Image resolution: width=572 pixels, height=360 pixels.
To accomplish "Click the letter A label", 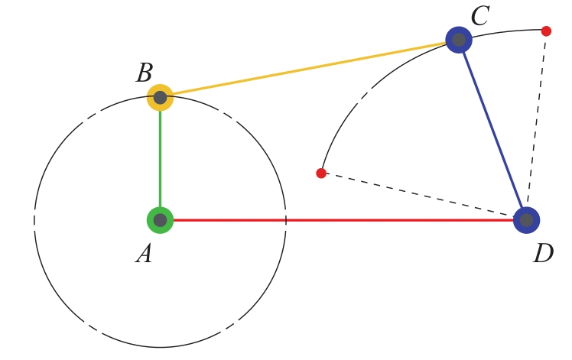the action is click(x=144, y=254).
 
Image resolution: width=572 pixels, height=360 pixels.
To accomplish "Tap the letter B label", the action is click(x=145, y=73).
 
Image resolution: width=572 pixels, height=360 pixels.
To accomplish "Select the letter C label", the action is click(x=480, y=16).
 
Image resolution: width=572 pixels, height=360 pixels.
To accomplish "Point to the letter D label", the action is click(x=543, y=253).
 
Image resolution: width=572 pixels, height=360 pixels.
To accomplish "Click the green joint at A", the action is click(x=160, y=220).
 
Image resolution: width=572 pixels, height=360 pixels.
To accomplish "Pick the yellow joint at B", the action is click(x=160, y=98).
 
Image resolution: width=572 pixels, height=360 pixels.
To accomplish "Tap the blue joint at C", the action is click(x=459, y=40).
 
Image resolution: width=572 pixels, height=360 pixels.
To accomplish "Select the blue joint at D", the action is click(x=526, y=220).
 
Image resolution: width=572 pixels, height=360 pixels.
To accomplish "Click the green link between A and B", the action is click(x=160, y=159).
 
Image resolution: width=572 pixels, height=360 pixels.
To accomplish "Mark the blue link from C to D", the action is click(x=492, y=130).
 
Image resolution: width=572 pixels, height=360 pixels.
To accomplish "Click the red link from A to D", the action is click(x=343, y=220).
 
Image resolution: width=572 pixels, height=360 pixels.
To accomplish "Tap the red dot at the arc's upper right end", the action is click(x=546, y=31).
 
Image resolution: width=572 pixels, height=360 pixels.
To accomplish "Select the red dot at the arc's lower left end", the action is click(x=321, y=174).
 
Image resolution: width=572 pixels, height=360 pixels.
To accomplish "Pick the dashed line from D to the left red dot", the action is click(x=420, y=195).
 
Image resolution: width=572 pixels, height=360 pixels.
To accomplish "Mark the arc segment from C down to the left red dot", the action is click(x=369, y=90).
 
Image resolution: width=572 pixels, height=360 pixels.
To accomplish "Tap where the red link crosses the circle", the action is click(x=286, y=220).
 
